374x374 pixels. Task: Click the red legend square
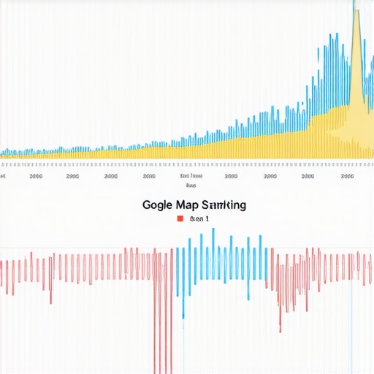pos(180,218)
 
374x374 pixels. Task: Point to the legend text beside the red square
pos(199,218)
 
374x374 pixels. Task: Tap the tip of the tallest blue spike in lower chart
pos(213,229)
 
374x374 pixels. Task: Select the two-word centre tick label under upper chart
pos(191,176)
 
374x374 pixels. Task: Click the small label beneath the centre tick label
pos(191,186)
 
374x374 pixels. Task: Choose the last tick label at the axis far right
pos(347,176)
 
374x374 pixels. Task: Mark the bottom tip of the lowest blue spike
pos(183,317)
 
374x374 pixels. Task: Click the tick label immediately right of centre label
pos(231,176)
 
